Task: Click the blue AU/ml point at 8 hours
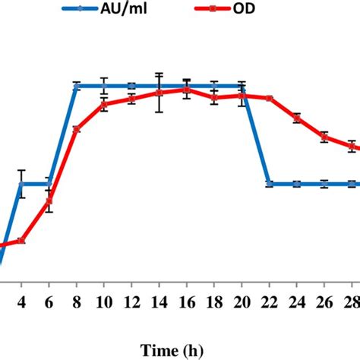point(77,86)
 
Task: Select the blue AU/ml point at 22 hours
point(269,184)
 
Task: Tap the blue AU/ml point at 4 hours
point(22,184)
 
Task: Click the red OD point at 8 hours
point(77,129)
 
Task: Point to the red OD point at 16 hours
point(186,89)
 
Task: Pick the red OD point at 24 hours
point(297,118)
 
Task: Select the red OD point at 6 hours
point(49,201)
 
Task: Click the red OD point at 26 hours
point(324,137)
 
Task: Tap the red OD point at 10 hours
point(104,104)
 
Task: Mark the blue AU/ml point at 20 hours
point(242,86)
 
